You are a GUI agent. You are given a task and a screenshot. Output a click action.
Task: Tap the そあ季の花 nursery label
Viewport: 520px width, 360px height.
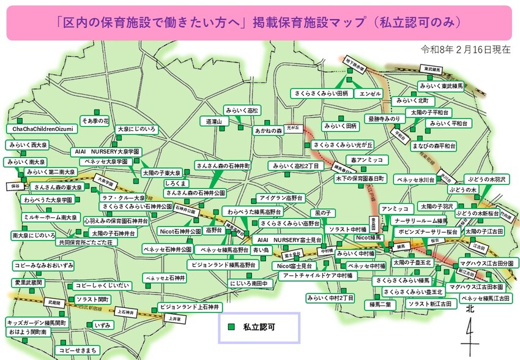click(x=95, y=121)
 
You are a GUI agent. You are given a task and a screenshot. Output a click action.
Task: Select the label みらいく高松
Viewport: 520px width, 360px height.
click(x=242, y=110)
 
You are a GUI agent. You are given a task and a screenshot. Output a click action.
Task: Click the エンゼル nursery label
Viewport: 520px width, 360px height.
click(x=370, y=94)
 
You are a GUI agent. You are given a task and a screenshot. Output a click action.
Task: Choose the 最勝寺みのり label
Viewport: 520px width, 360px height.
click(x=384, y=118)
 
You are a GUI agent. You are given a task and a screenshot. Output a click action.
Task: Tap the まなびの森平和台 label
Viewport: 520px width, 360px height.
click(x=434, y=146)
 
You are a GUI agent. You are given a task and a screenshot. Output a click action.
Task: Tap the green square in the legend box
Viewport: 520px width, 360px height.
click(x=231, y=328)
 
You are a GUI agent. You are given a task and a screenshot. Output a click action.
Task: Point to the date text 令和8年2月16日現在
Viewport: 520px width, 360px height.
click(x=466, y=50)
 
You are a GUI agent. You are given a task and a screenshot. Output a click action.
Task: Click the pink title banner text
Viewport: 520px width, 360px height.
click(x=259, y=23)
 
